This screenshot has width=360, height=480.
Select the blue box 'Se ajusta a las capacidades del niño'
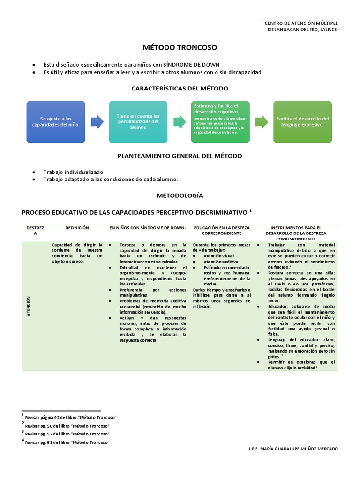coord(56,122)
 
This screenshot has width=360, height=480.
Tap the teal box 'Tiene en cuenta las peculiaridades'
coord(138,122)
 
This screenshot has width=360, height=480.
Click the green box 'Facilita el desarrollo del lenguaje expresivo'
coord(303,122)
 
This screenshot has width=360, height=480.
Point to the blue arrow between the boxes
coord(97,122)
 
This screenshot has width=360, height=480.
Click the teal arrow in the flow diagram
coord(179,122)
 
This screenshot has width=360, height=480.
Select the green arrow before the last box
coord(262,122)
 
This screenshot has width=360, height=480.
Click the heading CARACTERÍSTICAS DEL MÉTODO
coord(180,88)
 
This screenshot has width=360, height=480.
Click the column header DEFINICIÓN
coord(77,228)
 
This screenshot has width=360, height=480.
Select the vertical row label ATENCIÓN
coord(29,307)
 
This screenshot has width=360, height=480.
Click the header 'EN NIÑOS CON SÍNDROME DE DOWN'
coord(148,228)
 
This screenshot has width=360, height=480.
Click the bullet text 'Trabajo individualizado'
coord(73,172)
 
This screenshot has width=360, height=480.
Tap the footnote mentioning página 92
coord(70,417)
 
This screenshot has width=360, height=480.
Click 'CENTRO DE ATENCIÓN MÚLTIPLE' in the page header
coord(301,23)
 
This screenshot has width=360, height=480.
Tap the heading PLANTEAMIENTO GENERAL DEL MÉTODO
coord(180,156)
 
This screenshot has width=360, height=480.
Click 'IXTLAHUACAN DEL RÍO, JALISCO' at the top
coord(302,30)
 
